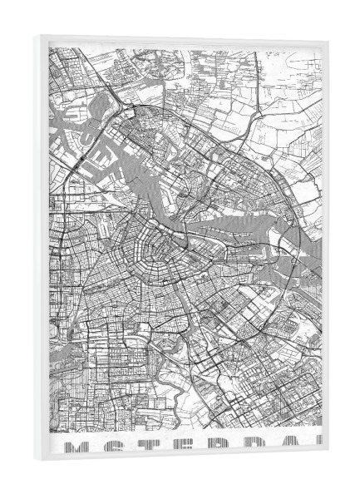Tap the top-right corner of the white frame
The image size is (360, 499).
(328, 42)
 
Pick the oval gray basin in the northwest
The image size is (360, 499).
(100, 107)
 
